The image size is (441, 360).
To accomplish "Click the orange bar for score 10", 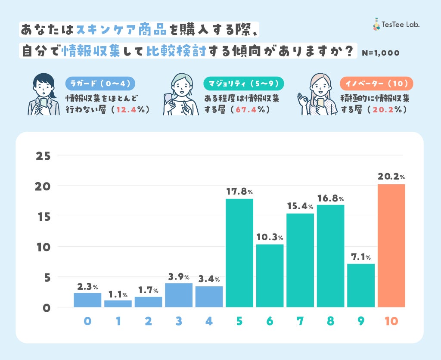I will (x=391, y=245).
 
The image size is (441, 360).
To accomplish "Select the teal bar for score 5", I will (x=239, y=253).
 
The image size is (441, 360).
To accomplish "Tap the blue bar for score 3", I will (x=179, y=295).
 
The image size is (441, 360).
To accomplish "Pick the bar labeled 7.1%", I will (x=361, y=285).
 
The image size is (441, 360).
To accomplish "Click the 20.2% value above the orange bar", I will (x=391, y=177).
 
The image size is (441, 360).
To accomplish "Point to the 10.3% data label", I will (x=270, y=237).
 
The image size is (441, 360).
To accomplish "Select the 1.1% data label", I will (x=118, y=295).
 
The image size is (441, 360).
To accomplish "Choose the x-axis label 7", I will (x=300, y=321).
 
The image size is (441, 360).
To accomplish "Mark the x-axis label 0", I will (x=87, y=321).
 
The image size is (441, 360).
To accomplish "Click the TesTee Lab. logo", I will (x=396, y=25).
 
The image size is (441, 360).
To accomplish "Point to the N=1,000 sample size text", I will (x=381, y=53).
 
